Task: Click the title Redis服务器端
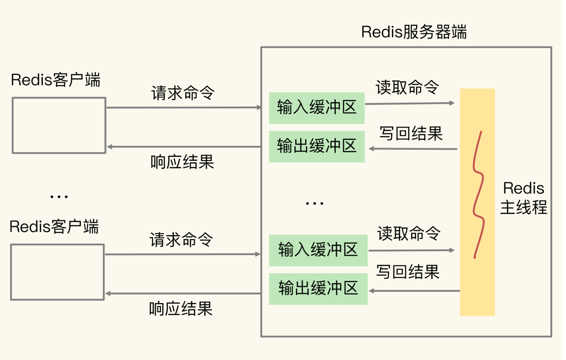(414, 32)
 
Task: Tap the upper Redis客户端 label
(55, 80)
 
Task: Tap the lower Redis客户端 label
(54, 227)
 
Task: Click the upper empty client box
(59, 125)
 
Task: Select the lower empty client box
(57, 272)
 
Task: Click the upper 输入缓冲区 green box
(317, 108)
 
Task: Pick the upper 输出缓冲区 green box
(317, 146)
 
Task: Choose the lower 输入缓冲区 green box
(318, 250)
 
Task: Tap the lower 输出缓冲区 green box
(318, 289)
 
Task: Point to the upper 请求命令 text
(183, 93)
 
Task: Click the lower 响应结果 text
(181, 309)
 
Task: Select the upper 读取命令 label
(407, 87)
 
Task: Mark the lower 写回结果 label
(407, 272)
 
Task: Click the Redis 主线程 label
(523, 198)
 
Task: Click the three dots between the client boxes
(59, 197)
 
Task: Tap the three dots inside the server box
(314, 203)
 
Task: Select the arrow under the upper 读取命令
(409, 103)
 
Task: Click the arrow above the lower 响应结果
(183, 293)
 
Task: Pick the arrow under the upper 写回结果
(413, 149)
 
